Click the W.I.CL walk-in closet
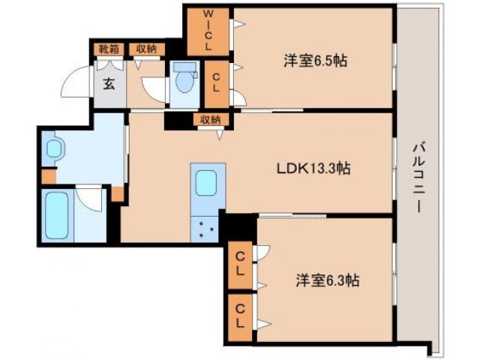pyautogui.click(x=208, y=31)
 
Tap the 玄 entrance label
pyautogui.click(x=109, y=82)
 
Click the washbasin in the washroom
pyautogui.click(x=55, y=148)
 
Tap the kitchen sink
pyautogui.click(x=206, y=183)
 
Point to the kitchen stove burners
pyautogui.click(x=205, y=227)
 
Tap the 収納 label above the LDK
pyautogui.click(x=210, y=119)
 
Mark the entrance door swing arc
pyautogui.click(x=76, y=80)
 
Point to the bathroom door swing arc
pyautogui.click(x=91, y=196)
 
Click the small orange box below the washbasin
pyautogui.click(x=48, y=178)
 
